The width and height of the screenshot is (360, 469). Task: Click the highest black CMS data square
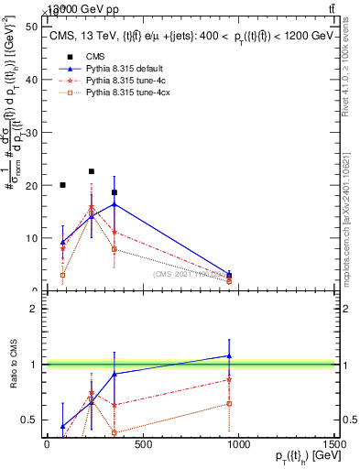pos(92,171)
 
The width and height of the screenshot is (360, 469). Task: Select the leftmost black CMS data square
pos(62,185)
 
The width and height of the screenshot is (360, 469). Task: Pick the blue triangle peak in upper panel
pos(114,203)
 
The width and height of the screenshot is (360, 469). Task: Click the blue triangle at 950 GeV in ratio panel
pos(229,355)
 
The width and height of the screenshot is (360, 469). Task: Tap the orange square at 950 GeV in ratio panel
pos(229,403)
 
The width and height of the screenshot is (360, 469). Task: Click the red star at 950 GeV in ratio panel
pos(229,379)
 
